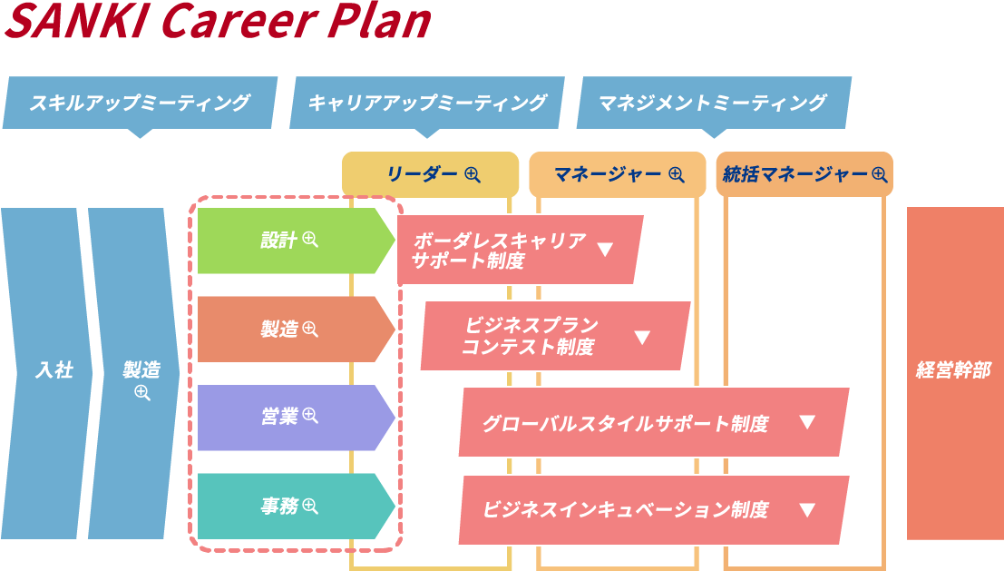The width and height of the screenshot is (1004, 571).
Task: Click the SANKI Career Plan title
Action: (x=218, y=22)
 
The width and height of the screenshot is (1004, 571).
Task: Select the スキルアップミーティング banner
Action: (x=139, y=103)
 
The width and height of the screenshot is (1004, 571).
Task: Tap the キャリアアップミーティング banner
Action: (x=426, y=103)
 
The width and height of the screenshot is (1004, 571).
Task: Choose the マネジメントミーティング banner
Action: (x=713, y=103)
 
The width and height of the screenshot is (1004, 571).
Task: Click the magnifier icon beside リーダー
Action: (x=472, y=175)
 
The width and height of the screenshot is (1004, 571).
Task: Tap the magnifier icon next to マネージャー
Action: (x=676, y=175)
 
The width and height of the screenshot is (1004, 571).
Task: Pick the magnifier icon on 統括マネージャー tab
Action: (x=879, y=175)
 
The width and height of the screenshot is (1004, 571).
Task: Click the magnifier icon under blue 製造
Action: (x=141, y=393)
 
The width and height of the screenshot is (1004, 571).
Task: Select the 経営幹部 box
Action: (x=954, y=371)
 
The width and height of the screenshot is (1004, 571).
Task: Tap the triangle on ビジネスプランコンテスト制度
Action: (x=642, y=338)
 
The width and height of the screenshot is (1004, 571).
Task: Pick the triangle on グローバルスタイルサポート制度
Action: (x=807, y=422)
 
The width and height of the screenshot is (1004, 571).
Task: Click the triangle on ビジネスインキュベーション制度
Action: (x=807, y=510)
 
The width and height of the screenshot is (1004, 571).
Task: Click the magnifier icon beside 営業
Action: (x=310, y=416)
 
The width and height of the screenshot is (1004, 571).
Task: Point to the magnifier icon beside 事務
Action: (x=310, y=507)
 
